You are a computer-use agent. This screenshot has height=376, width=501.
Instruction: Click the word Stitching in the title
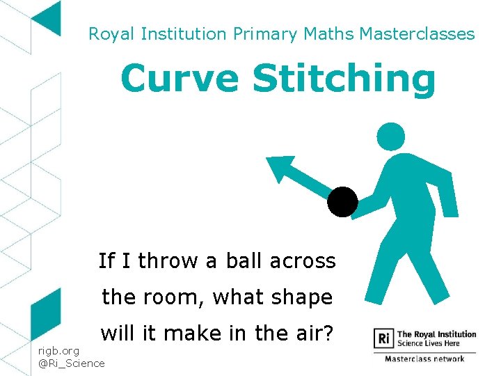point(344,79)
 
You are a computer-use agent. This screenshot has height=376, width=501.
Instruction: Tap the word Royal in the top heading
point(111,33)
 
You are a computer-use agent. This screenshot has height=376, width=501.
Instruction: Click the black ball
point(343,202)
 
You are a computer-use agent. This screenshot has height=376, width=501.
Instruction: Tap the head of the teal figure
point(390,136)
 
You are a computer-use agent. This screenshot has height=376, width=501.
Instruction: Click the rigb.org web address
point(59,350)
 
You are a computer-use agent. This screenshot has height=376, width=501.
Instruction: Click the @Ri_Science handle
point(72,363)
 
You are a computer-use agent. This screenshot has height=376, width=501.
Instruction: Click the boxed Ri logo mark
point(383,339)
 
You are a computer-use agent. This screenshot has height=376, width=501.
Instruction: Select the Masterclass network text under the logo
point(425,359)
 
